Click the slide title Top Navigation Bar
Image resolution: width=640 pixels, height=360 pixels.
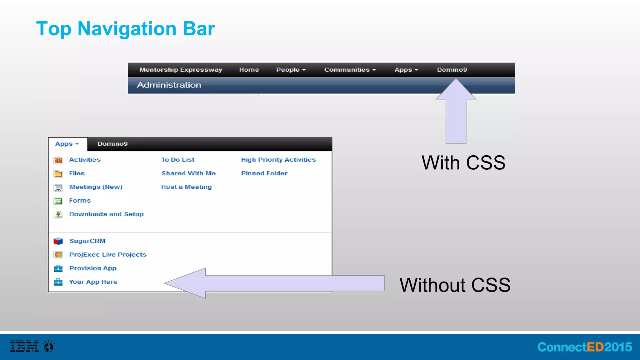click(125, 29)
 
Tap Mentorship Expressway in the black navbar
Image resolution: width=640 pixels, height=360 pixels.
click(181, 70)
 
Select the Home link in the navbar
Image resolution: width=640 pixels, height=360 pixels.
click(249, 70)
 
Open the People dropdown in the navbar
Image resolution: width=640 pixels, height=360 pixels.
click(291, 70)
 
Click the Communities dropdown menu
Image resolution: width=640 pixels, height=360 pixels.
click(350, 70)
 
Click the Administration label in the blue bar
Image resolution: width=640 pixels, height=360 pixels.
click(169, 85)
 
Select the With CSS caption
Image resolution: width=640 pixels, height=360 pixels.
click(463, 163)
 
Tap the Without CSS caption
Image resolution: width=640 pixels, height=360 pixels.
click(455, 285)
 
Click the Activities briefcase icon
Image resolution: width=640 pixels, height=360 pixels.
click(58, 160)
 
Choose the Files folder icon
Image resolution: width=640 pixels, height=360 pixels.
click(58, 174)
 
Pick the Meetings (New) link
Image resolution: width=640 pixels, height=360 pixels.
click(96, 187)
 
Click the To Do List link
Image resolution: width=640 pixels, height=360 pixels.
click(178, 160)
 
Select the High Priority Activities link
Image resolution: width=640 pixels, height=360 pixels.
click(278, 160)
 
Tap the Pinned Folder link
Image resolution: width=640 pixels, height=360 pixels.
click(264, 173)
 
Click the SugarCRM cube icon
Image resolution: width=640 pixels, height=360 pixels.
click(58, 241)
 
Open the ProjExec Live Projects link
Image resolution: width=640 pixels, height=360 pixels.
click(107, 255)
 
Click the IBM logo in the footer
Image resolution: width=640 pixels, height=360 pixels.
click(25, 346)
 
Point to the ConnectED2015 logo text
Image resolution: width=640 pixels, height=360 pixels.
click(584, 347)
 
